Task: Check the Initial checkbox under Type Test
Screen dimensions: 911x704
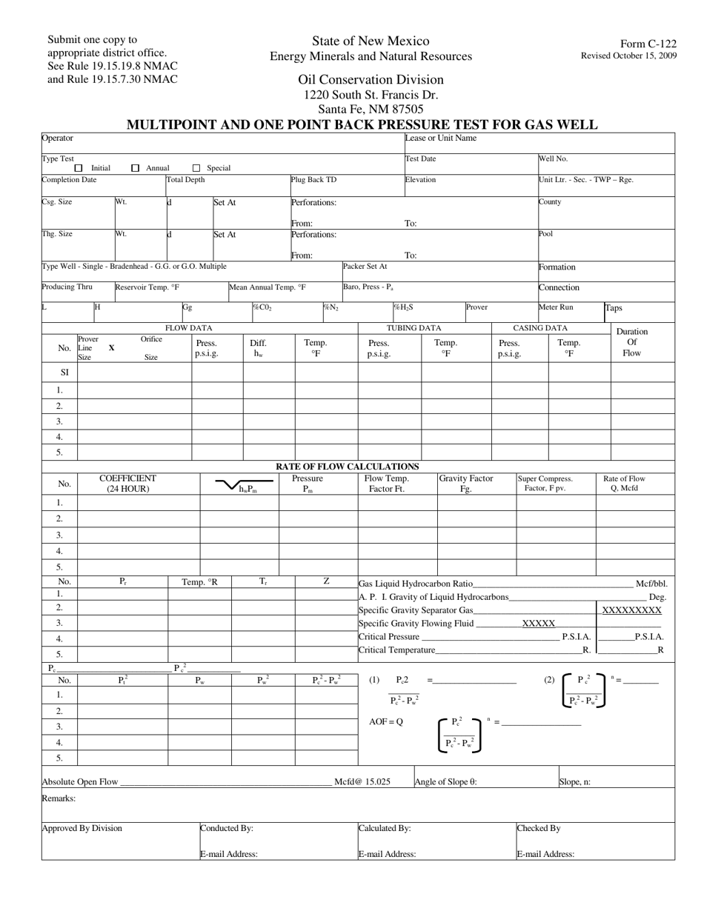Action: point(79,168)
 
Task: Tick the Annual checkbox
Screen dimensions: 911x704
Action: point(135,168)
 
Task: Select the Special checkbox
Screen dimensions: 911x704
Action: point(196,168)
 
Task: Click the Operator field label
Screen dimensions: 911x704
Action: point(57,139)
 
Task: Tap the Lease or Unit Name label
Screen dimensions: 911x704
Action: point(440,138)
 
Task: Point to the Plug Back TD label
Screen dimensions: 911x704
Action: point(313,180)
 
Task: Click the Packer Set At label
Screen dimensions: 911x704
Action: point(365,266)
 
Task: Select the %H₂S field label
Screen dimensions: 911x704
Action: point(403,307)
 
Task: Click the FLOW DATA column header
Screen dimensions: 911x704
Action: point(188,327)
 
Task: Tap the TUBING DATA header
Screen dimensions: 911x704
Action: point(414,327)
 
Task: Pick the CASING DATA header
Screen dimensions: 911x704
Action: point(540,327)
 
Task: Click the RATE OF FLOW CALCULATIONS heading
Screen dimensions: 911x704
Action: point(348,467)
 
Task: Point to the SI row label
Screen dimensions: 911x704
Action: point(64,373)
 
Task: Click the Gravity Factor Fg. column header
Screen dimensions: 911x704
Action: point(465,484)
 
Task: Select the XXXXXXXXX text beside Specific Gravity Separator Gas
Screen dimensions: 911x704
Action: point(631,610)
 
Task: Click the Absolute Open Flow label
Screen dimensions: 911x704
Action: point(79,781)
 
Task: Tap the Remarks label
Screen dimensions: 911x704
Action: point(59,798)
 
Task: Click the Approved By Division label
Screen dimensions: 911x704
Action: point(82,828)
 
